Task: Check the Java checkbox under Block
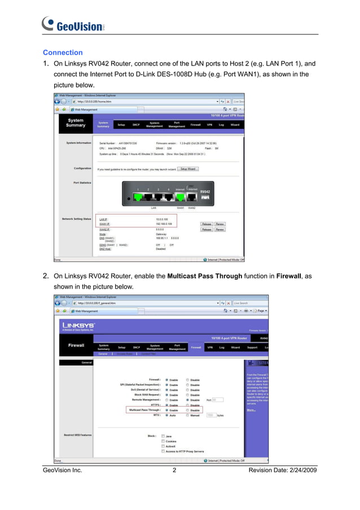(163, 436)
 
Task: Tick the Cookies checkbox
(163, 441)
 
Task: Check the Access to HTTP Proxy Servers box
(163, 451)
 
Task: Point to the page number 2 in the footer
(175, 470)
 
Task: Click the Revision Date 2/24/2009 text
(282, 470)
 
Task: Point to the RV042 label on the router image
(206, 191)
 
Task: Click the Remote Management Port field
(218, 400)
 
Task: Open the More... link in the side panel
(251, 410)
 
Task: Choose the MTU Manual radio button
(188, 415)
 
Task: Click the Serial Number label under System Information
(109, 143)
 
